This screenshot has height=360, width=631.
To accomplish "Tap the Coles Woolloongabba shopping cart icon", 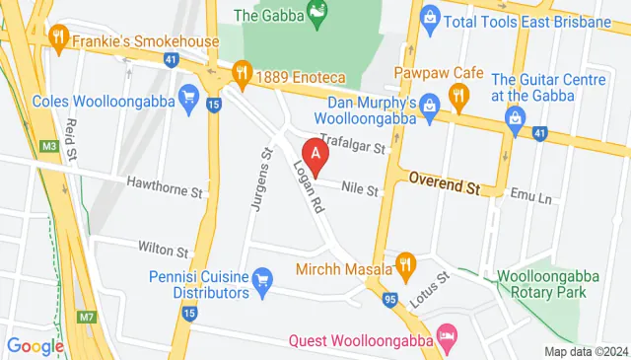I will (x=187, y=96).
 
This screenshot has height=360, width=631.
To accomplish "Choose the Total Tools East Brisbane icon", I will (x=429, y=16).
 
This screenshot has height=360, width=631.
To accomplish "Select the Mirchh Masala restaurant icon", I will (x=404, y=262).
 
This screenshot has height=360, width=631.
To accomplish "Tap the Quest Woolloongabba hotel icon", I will (x=448, y=337).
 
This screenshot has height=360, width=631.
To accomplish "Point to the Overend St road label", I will (x=444, y=183).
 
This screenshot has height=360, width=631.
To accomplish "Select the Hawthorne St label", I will (x=164, y=183).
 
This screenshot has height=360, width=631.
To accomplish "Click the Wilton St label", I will (x=163, y=252).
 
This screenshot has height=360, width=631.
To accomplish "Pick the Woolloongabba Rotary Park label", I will (x=542, y=283).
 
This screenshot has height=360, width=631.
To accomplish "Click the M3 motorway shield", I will (x=49, y=148).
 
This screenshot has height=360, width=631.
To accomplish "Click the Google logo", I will (x=35, y=345).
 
